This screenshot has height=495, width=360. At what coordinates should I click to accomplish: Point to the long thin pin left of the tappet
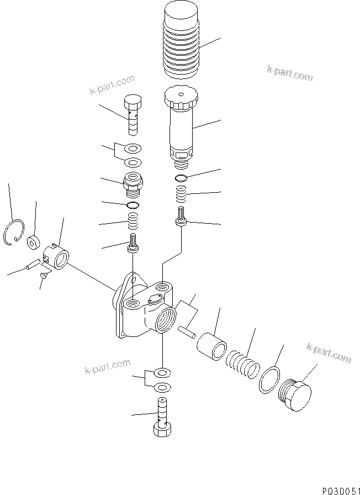[x=33, y=267]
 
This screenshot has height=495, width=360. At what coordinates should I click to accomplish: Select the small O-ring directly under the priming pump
[x=181, y=178]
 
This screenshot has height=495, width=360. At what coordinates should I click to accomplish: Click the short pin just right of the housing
[x=187, y=331]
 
